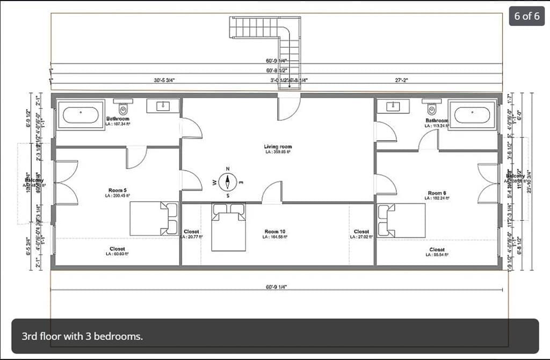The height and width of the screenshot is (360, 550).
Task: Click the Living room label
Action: coord(278,147)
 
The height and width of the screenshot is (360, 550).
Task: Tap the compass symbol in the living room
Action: coord(228,183)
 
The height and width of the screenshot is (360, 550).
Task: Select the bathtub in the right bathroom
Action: coord(472,115)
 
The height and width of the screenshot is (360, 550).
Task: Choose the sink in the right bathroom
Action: coord(393,106)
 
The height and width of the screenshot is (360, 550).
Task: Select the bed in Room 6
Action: coord(401,220)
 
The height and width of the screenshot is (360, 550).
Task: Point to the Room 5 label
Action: coord(117,190)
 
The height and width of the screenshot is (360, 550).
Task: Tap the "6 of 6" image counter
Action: coord(527,16)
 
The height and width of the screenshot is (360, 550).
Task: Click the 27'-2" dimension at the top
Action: coord(401,80)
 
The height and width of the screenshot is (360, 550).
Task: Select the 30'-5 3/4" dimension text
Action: coord(164,80)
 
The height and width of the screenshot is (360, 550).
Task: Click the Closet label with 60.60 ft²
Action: coord(117,249)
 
